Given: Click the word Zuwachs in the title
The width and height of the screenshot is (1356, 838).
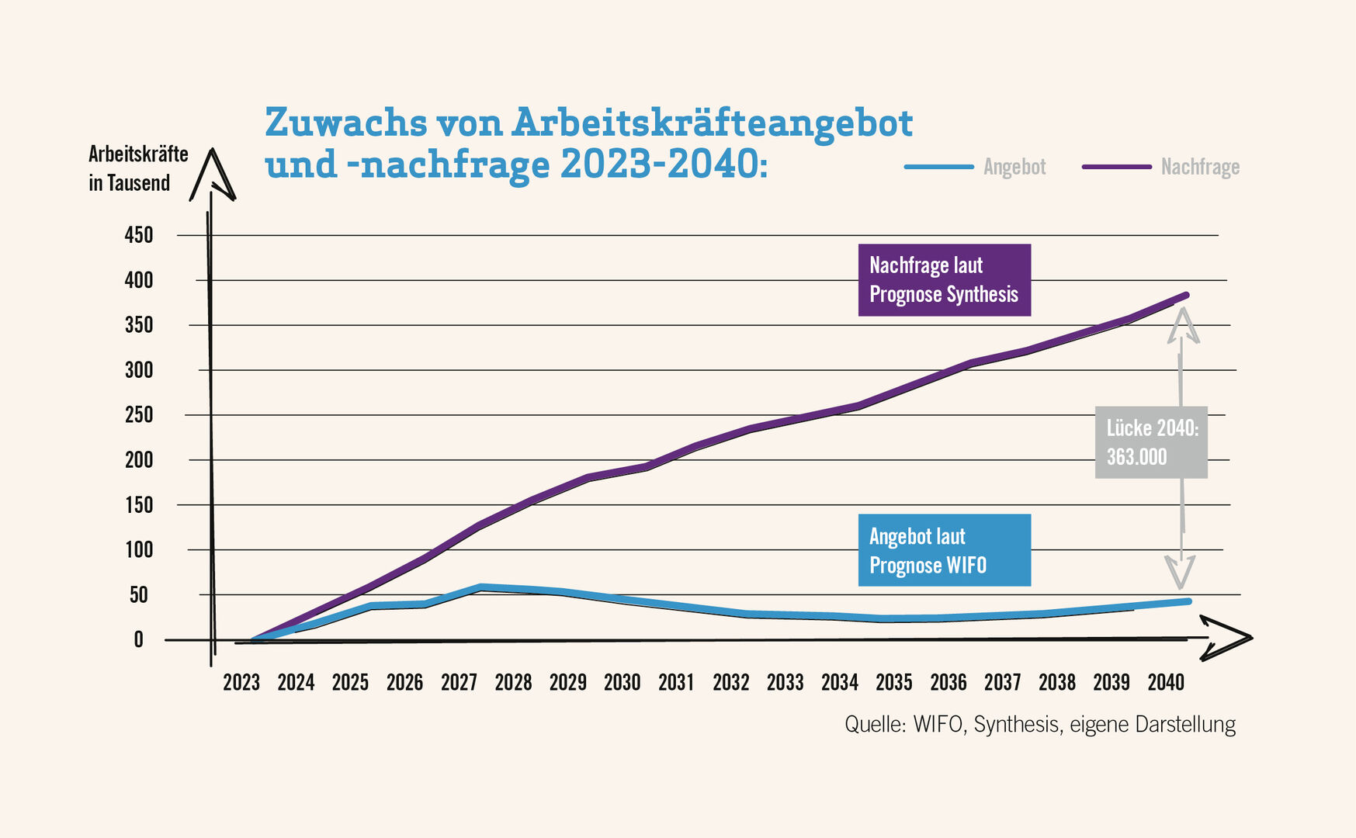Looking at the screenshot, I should point(345,123).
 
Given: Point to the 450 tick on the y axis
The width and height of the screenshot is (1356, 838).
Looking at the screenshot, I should point(139,235).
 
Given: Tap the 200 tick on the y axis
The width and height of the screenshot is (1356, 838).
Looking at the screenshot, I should point(139,460).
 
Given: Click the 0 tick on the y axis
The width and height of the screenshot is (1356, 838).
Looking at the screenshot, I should point(139,640).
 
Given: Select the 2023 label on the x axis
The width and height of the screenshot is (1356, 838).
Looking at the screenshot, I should point(241,683).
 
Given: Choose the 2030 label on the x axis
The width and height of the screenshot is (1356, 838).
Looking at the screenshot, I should point(622,683).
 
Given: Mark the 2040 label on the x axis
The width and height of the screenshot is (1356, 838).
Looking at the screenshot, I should point(1166,683).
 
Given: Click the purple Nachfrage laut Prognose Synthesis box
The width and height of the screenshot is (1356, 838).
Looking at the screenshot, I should point(944,280).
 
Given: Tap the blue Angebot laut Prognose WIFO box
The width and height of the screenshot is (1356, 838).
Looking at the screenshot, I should point(944,550).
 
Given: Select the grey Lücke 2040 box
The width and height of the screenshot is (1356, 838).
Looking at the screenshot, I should point(1151,442).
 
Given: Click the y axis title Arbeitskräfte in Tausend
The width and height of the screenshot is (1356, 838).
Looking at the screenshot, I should point(138,168).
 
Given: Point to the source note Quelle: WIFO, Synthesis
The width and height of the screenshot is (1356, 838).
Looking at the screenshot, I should point(1039,725).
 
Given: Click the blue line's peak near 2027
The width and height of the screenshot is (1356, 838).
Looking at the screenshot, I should point(481,587).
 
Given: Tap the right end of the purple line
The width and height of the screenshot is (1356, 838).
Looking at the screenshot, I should point(1186,296).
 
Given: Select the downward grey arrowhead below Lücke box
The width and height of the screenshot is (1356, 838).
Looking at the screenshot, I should point(1180,573).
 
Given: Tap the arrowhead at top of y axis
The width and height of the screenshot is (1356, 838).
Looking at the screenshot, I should point(212,174).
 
